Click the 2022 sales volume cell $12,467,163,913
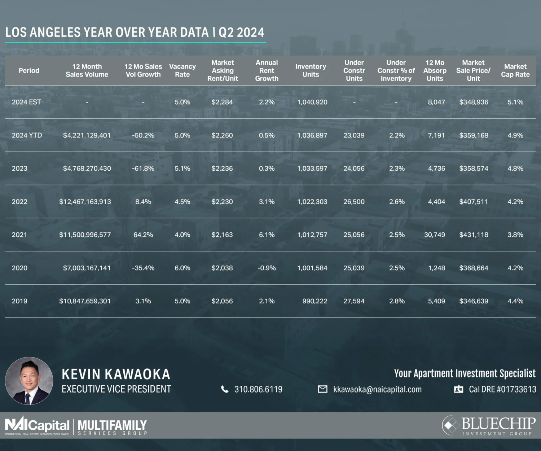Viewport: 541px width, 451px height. point(85,202)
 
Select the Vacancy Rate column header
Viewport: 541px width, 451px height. point(182,70)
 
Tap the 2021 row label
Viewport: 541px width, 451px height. point(19,235)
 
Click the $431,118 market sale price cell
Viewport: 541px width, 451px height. point(474,235)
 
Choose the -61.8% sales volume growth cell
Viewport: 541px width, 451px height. point(143,168)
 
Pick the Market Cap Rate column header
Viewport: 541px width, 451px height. point(515,70)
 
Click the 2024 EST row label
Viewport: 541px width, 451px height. point(26,102)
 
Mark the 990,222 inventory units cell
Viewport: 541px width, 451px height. point(315,301)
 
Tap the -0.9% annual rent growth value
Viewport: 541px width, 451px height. point(267,268)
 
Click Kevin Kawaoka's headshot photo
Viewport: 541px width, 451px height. point(29,381)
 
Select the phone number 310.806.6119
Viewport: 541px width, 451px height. point(258,389)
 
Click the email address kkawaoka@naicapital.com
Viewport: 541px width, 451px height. point(377,389)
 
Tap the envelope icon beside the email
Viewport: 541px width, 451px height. point(322,389)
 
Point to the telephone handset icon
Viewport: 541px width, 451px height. point(225,389)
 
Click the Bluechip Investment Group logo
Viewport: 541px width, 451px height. point(489,426)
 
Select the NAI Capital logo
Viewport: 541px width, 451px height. point(37,426)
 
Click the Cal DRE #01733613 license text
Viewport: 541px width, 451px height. point(502,389)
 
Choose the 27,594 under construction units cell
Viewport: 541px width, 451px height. point(354,301)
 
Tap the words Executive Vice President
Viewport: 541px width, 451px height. point(116,389)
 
